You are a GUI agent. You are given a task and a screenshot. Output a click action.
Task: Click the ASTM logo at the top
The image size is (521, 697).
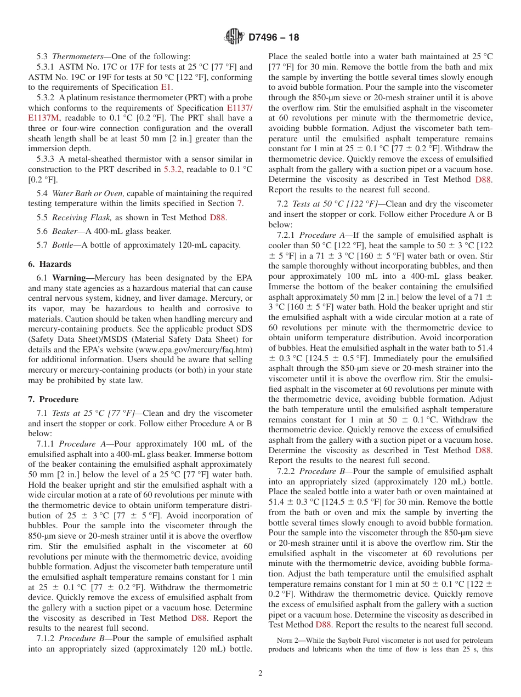coord(234,37)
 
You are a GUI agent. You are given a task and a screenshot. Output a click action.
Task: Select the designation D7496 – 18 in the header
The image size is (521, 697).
coord(274,38)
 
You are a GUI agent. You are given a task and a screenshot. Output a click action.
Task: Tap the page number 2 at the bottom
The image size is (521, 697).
coord(260,673)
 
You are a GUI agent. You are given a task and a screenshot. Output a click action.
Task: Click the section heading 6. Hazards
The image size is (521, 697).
coord(49,264)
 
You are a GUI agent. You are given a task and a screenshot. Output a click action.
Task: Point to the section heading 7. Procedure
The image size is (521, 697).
coord(53,399)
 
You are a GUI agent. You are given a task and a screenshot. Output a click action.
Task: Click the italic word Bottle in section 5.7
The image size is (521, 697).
coord(64,245)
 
